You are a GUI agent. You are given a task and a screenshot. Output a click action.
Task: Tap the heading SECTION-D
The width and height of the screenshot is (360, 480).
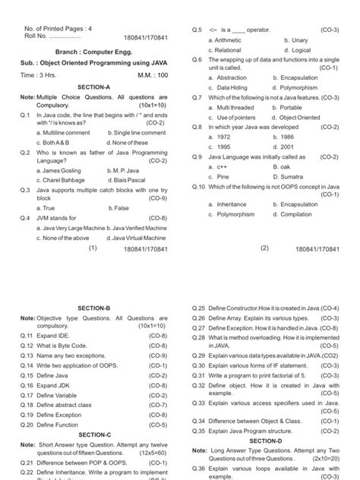click(265, 441)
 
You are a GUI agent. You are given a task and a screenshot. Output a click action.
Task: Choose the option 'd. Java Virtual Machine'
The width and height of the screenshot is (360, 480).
click(137, 238)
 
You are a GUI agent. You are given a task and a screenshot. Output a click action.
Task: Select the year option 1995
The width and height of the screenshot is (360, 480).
click(218, 147)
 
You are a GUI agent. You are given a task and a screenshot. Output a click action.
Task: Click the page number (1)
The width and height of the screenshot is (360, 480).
click(93, 248)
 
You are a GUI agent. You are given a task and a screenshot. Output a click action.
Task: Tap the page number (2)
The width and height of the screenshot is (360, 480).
click(265, 248)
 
